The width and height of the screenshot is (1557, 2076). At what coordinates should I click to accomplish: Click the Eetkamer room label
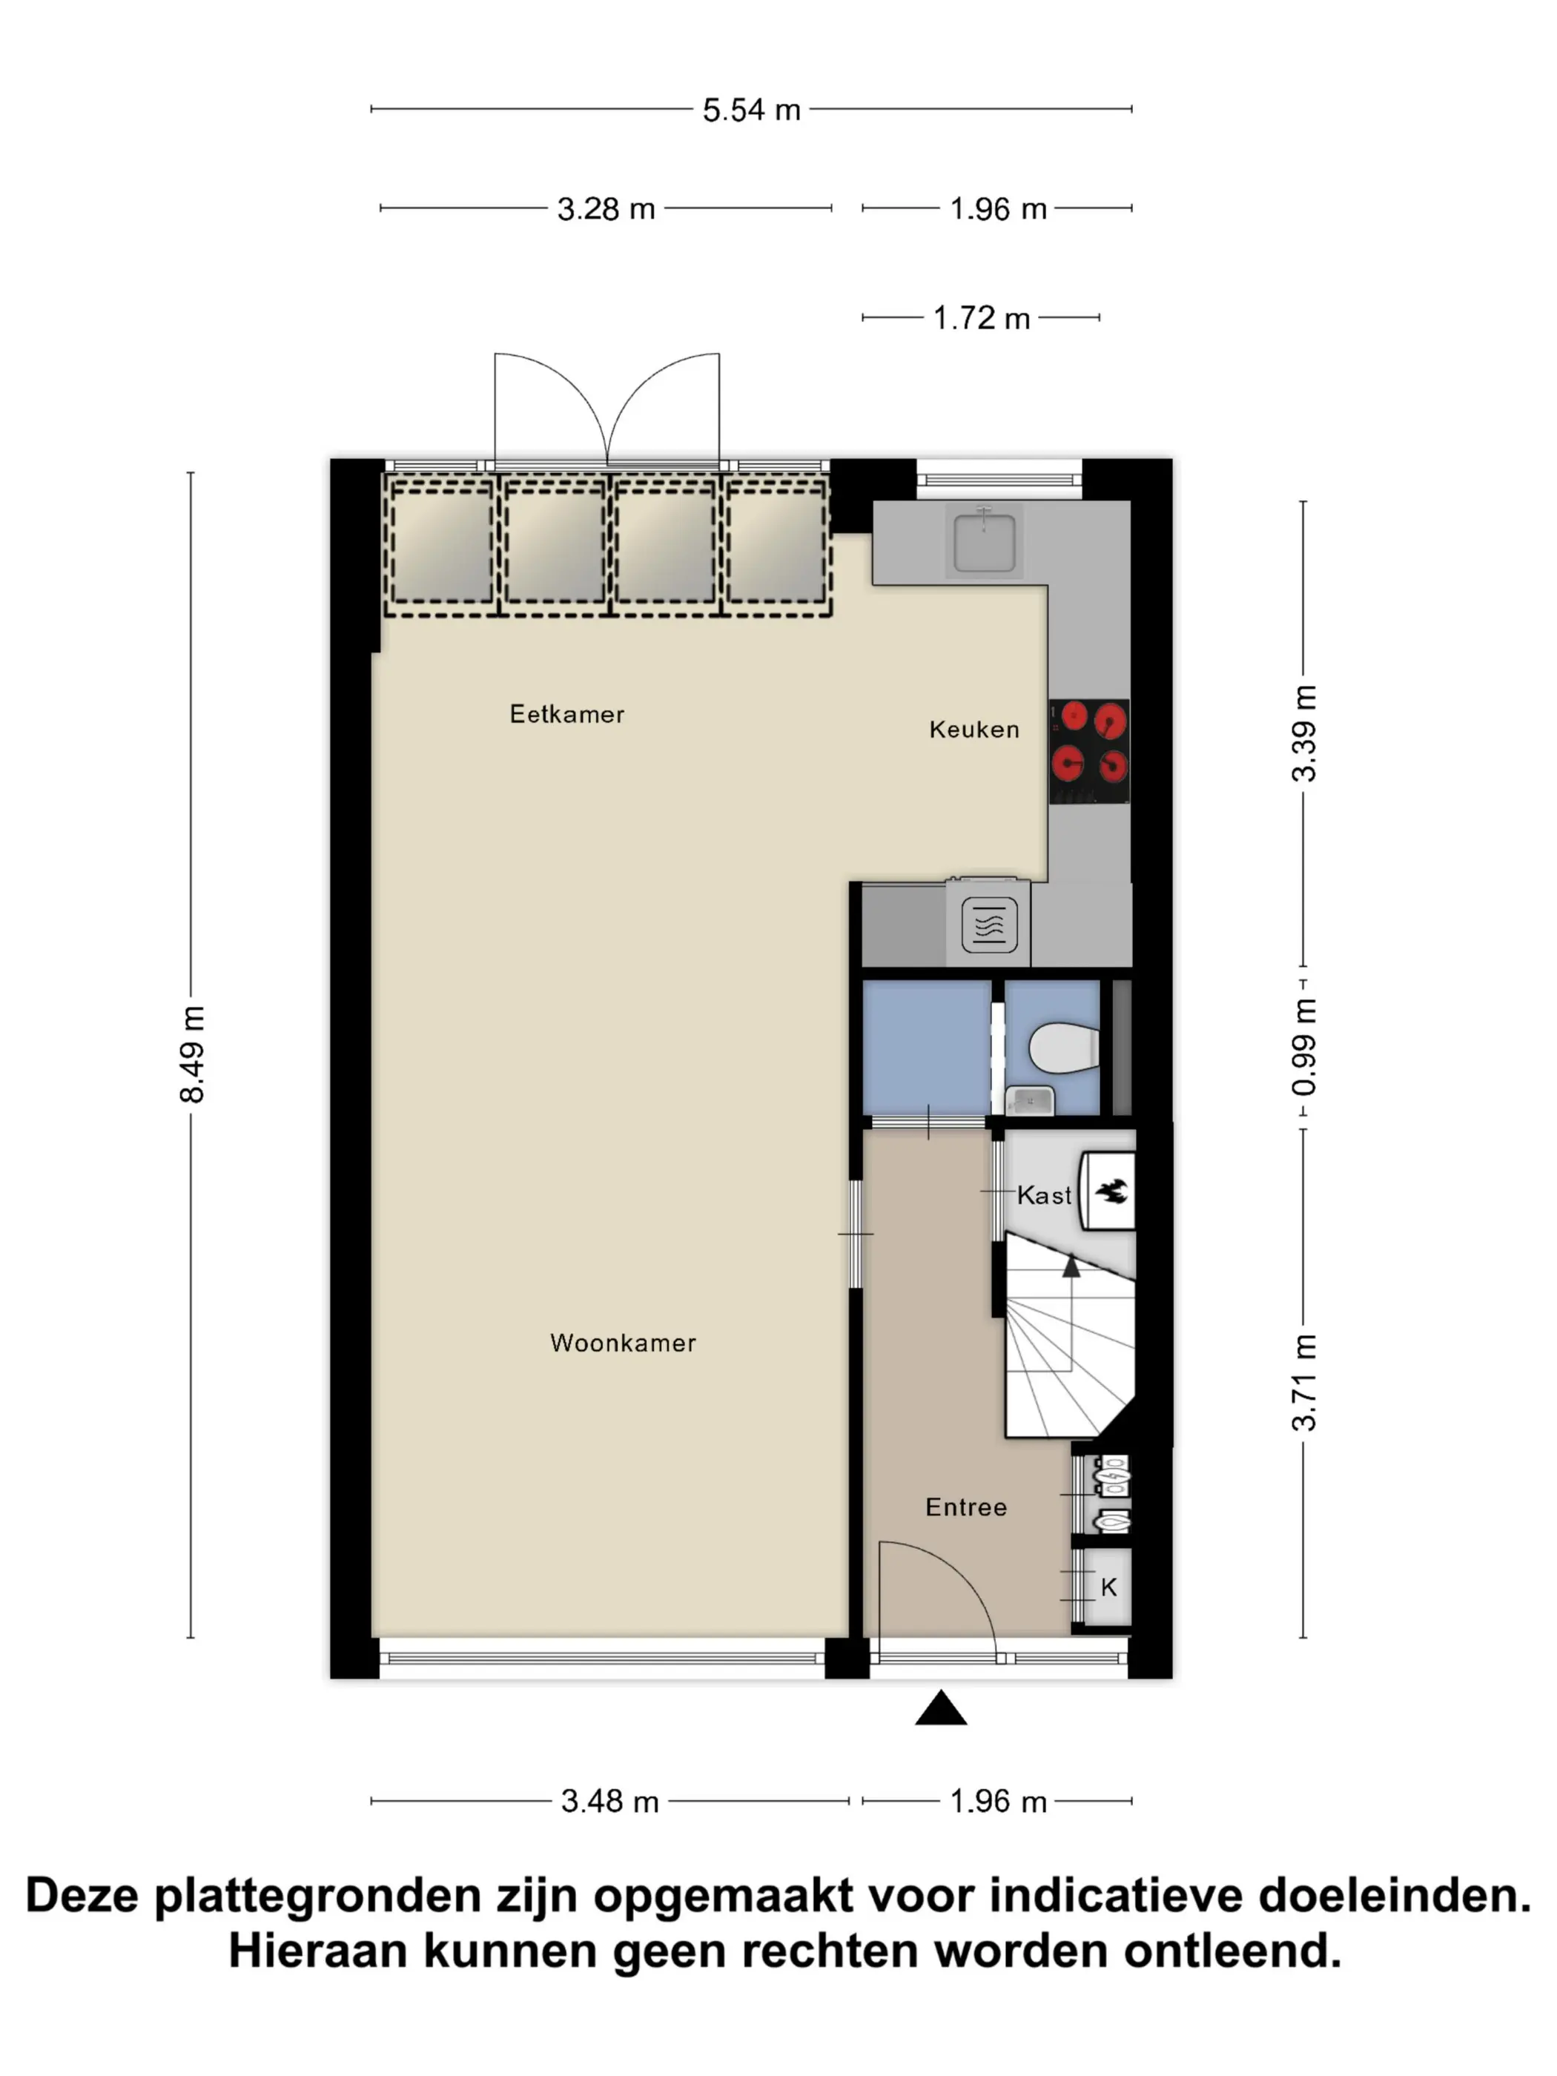coord(567,714)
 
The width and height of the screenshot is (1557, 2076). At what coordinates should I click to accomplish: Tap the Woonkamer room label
coord(624,1343)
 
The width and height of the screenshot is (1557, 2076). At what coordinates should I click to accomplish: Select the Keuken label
coord(974,730)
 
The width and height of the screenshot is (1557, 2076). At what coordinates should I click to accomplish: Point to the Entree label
coord(966,1507)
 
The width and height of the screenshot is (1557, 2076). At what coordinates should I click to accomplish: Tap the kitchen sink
coord(985,541)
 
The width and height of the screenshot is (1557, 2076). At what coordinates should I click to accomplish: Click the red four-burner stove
coord(1088,752)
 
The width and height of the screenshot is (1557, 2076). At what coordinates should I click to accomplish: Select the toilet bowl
coord(1064,1046)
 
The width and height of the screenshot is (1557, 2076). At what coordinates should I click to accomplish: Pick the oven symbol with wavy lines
coord(989,925)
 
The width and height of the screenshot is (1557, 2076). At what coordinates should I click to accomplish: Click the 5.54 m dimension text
coord(752,110)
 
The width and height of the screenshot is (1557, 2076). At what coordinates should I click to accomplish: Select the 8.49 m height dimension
coord(191,1055)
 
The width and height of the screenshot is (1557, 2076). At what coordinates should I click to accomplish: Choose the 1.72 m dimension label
coord(982,318)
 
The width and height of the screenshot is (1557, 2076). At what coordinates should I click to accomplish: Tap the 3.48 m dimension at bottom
coord(610,1801)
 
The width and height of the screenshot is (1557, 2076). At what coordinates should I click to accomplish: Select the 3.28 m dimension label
coord(606,208)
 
